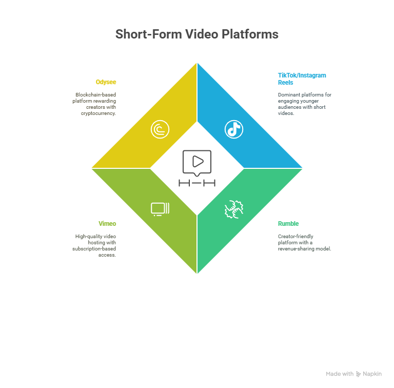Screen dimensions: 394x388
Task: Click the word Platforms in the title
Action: click(x=250, y=34)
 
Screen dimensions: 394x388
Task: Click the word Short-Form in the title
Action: click(x=148, y=34)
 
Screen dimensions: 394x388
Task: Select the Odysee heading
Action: click(x=106, y=82)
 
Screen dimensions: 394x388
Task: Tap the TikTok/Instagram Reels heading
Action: click(x=302, y=79)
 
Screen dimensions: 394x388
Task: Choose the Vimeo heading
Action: click(x=107, y=224)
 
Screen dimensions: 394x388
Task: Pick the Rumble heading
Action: click(x=288, y=224)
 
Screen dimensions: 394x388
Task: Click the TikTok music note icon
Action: click(x=234, y=129)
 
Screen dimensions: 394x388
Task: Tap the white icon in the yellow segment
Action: click(x=160, y=129)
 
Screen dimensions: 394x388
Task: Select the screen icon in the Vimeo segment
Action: click(x=160, y=209)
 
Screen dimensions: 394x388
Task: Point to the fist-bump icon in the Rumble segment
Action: click(x=234, y=209)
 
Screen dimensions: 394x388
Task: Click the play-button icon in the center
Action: click(x=197, y=163)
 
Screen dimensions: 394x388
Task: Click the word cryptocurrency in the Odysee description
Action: click(x=98, y=113)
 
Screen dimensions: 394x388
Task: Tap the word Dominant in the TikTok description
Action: click(x=288, y=95)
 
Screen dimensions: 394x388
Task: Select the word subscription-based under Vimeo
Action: click(x=94, y=249)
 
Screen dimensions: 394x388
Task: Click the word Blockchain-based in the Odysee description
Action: click(x=96, y=95)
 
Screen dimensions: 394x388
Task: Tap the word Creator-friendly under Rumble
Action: click(x=295, y=237)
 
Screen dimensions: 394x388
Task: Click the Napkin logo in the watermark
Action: click(x=358, y=374)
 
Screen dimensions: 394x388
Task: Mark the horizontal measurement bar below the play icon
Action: click(x=197, y=183)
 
